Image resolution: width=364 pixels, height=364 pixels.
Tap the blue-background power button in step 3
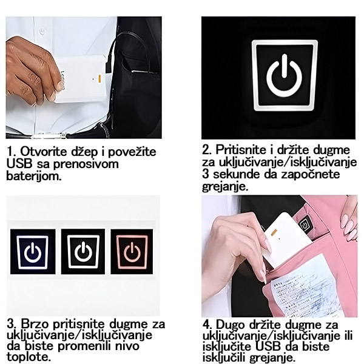33,252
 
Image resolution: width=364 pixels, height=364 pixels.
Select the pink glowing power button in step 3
132,252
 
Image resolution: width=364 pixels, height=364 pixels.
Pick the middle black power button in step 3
83,252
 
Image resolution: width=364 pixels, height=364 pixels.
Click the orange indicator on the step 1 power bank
99,79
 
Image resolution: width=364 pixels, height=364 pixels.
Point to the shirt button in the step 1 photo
42,30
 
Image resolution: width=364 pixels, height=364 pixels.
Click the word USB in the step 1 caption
19,164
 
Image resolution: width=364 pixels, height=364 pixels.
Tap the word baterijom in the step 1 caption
34,176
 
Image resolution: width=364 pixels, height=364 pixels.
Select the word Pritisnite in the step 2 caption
241,150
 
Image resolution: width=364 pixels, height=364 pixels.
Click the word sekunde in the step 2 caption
237,174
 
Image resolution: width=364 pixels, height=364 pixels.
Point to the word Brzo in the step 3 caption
35,324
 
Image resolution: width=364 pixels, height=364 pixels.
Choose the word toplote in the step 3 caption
28,357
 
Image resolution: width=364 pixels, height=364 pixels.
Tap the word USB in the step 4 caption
269,346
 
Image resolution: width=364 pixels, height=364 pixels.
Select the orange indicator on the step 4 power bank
274,232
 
